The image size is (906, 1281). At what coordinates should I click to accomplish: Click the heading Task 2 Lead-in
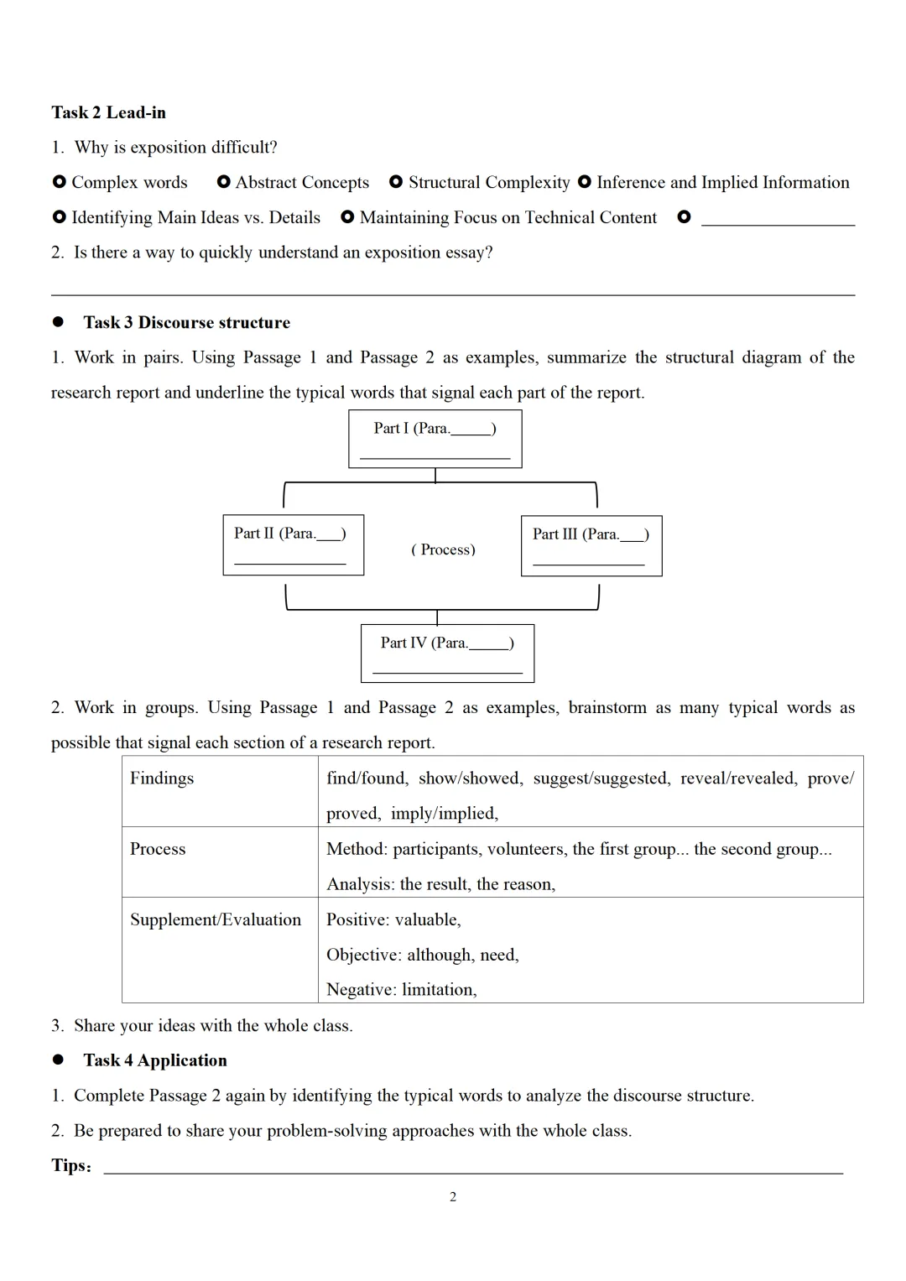pos(108,112)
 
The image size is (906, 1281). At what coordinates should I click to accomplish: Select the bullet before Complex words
pos(59,182)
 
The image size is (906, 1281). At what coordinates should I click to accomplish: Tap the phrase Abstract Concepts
pos(302,182)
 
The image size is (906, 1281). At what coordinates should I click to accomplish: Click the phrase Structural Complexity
pos(489,182)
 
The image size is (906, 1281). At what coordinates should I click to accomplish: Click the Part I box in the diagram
pos(435,439)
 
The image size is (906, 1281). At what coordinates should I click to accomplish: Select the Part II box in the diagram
pos(293,544)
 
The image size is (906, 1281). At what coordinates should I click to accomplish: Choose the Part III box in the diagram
pos(591,545)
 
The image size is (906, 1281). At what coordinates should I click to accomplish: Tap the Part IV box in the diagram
pos(447,653)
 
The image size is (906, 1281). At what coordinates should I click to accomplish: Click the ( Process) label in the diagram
pos(443,549)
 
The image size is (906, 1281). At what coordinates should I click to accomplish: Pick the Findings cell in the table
pos(162,778)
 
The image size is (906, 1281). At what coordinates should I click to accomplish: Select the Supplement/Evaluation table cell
pos(216,919)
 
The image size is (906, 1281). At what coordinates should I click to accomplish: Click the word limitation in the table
pos(439,990)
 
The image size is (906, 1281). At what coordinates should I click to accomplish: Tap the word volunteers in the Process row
pos(525,849)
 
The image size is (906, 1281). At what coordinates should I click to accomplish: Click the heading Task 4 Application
pos(155,1060)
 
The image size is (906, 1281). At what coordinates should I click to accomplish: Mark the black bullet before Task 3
pos(58,322)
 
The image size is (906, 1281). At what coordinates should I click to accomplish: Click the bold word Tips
pos(70,1165)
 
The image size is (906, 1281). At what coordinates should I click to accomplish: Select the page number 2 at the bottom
pos(453,1197)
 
